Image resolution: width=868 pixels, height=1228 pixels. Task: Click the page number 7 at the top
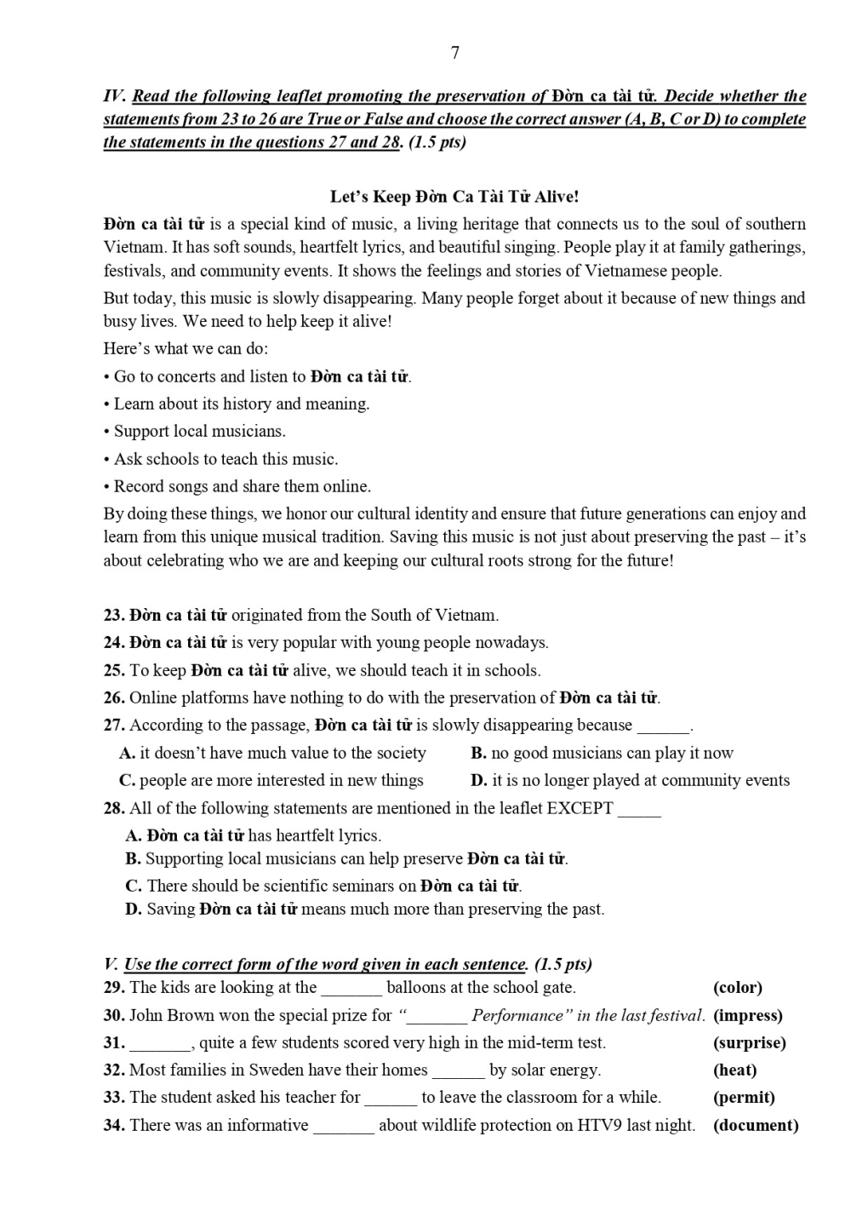[455, 53]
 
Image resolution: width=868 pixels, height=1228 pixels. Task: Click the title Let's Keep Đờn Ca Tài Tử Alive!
[454, 197]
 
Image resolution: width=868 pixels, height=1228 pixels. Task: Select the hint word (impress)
[747, 1015]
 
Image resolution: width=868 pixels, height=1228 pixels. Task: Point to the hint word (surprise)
[749, 1042]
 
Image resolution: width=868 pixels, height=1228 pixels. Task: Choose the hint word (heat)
[734, 1070]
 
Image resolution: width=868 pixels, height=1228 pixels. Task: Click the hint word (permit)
[744, 1097]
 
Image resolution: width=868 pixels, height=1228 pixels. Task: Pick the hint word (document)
[756, 1125]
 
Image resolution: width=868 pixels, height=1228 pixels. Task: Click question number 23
[114, 615]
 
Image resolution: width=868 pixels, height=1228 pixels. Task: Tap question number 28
[114, 808]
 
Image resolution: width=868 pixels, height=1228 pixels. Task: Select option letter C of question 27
[127, 781]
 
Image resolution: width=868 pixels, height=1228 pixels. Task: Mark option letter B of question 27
[478, 753]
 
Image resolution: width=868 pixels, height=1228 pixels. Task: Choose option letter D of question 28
[133, 910]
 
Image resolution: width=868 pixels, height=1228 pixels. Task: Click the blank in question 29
[351, 989]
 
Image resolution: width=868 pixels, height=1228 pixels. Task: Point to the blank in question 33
[391, 1099]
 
